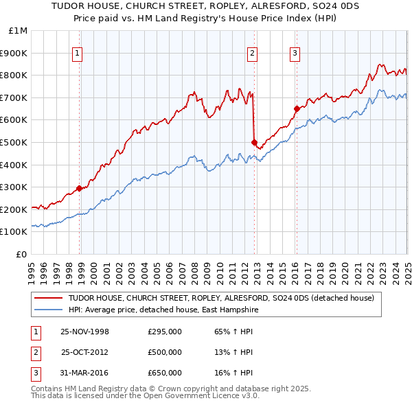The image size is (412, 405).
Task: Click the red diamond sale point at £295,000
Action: pyautogui.click(x=80, y=188)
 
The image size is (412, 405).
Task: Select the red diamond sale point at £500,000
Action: pyautogui.click(x=255, y=142)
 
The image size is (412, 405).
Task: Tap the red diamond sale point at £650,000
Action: pyautogui.click(x=297, y=108)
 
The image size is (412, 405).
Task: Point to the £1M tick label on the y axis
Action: pyautogui.click(x=18, y=31)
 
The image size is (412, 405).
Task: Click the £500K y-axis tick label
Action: pyautogui.click(x=14, y=142)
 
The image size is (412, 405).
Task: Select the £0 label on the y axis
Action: pyautogui.click(x=22, y=254)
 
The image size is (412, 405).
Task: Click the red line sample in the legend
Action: pyautogui.click(x=49, y=299)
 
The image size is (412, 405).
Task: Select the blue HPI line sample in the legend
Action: pyautogui.click(x=49, y=310)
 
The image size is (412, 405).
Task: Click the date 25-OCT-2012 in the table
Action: pyautogui.click(x=85, y=352)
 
